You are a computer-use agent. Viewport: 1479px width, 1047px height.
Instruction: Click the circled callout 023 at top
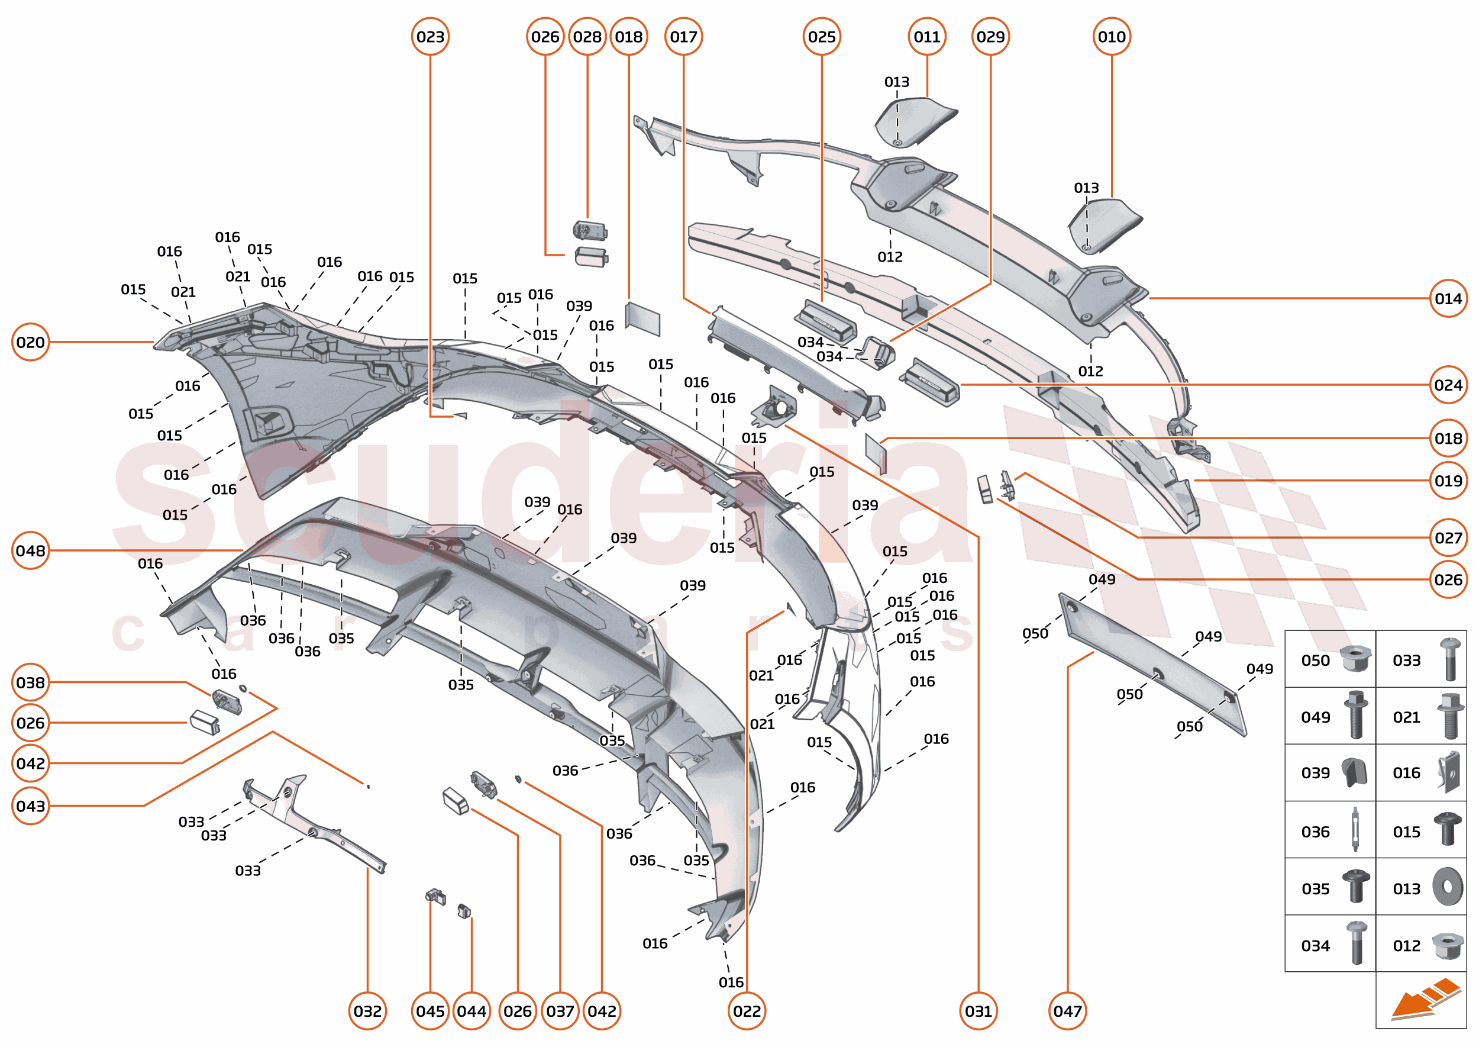430,37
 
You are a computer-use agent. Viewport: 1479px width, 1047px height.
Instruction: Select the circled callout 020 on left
30,342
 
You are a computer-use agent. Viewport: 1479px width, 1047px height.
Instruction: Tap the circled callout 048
30,550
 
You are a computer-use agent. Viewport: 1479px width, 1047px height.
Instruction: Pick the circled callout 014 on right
1448,298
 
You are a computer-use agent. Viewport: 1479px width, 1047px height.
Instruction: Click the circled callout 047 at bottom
1067,1011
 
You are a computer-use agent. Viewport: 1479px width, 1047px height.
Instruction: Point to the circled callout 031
979,1011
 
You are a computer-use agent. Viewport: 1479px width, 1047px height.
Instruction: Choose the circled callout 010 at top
1112,37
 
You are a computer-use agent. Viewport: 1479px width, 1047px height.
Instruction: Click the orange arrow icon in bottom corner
1424,999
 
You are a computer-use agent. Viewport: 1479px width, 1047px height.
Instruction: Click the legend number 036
1315,832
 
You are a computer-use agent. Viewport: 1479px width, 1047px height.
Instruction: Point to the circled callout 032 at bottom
367,1011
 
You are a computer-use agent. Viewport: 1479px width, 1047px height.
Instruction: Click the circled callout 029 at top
990,37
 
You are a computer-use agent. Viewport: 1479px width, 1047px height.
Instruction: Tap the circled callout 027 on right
1448,537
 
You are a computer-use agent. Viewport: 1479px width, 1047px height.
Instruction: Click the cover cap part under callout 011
915,121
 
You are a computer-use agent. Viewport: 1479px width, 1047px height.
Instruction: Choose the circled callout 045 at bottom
430,1011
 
